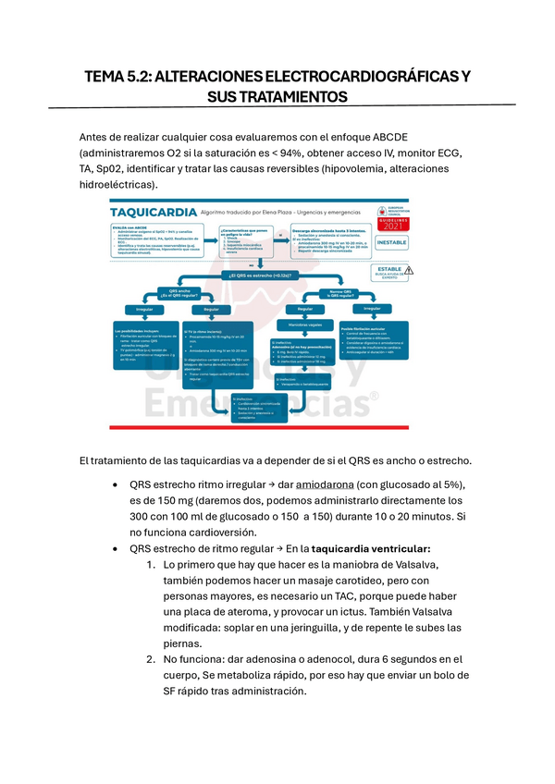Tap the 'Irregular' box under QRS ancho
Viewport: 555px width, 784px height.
(144, 310)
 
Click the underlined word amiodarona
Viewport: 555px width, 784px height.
(333, 485)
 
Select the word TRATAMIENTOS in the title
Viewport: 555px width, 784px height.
(294, 96)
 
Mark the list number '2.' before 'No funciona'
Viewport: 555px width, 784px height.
(151, 658)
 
